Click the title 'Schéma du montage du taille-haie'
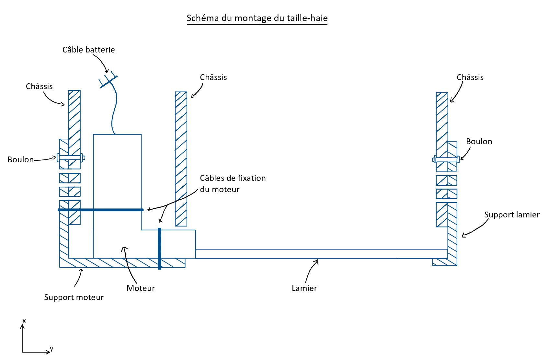point(257,18)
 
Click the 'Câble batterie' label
point(88,50)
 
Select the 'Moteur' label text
point(141,288)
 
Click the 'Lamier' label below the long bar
point(304,288)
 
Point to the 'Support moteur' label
point(74,297)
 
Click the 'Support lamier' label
point(512,215)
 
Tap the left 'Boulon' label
point(20,160)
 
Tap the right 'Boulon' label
point(479,142)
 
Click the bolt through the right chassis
point(446,159)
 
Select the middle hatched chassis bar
point(181,159)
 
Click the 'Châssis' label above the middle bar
point(213,77)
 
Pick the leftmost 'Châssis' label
point(39,87)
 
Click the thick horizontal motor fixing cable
point(100,210)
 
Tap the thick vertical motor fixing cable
point(159,249)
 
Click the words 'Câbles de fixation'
point(233,178)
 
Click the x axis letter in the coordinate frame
point(24,321)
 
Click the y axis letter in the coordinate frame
point(51,349)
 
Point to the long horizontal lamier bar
point(321,254)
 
